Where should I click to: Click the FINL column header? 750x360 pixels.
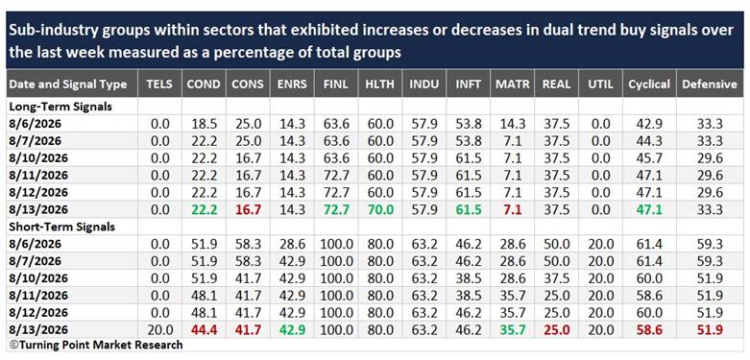coord(337,84)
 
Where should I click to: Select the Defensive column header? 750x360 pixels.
coord(710,84)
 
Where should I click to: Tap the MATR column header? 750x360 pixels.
coord(512,84)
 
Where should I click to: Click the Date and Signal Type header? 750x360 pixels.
coord(68,84)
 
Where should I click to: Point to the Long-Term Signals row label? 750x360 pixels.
coord(60,107)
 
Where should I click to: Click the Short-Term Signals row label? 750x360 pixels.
coord(61,227)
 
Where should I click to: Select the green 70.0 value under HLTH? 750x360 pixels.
coord(380,209)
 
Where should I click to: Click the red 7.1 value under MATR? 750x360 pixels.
coord(512,209)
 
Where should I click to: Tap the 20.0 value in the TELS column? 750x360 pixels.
coord(159,330)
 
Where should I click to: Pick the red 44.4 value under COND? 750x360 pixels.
coord(204,330)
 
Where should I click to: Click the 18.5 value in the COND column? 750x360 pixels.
coord(204,124)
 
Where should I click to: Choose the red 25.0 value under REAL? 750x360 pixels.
coord(557,330)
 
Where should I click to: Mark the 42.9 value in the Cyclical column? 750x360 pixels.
coord(649,124)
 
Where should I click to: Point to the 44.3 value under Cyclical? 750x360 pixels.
coord(649,141)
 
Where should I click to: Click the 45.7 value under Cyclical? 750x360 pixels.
coord(649,158)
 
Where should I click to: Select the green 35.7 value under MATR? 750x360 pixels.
coord(512,330)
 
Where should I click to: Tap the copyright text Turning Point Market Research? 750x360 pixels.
coord(96,345)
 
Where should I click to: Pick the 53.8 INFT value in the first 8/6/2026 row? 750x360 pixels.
coord(469,124)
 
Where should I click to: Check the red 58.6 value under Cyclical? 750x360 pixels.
coord(649,330)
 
